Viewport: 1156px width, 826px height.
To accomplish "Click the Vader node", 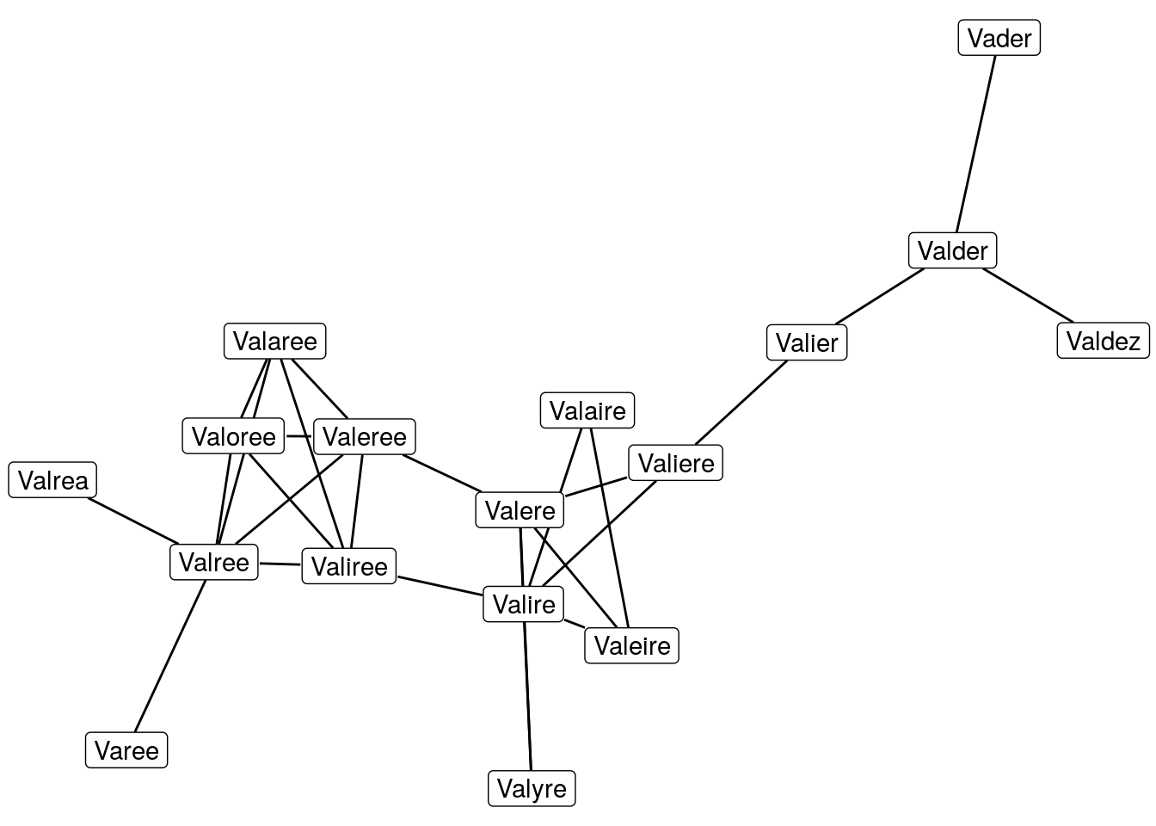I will (x=999, y=39).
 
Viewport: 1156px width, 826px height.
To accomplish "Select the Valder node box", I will (x=952, y=251).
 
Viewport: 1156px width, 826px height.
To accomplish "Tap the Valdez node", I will (x=1103, y=342).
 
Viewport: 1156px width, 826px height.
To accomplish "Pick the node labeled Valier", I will (x=806, y=343).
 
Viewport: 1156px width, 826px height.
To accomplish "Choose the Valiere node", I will (x=675, y=464).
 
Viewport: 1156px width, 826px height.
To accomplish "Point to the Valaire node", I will (x=587, y=411).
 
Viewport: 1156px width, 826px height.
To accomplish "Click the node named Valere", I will (x=520, y=511).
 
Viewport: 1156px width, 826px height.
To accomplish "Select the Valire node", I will (x=523, y=605).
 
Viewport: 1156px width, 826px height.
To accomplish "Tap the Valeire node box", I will (x=631, y=646).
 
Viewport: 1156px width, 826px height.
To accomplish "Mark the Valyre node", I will (x=532, y=789).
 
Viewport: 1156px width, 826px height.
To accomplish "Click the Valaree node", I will (x=275, y=342).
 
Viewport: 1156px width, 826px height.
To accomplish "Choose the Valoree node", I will (x=233, y=437).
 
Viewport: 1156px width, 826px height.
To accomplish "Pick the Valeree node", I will (x=365, y=437).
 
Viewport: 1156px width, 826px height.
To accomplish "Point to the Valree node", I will (x=213, y=563).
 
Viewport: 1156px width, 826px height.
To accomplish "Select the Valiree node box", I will (x=348, y=567).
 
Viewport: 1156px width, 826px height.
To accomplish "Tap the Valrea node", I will (x=53, y=481).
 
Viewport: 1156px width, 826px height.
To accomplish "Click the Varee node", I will (x=126, y=751).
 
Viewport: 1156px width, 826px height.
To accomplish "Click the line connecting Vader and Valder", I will (x=976, y=144).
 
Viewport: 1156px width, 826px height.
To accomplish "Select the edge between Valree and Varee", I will (x=170, y=656).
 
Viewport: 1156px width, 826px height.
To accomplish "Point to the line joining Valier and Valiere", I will (x=741, y=403).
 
